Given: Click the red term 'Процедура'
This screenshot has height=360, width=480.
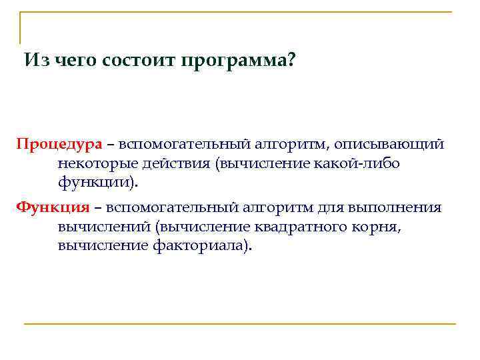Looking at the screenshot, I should click(59, 145).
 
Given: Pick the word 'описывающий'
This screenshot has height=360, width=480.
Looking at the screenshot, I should click(389, 145).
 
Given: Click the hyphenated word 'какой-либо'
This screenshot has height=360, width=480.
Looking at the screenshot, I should click(363, 163).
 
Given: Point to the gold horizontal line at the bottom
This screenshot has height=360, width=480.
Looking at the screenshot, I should click(240, 324).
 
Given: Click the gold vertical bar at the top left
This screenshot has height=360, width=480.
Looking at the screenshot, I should click(21, 27).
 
